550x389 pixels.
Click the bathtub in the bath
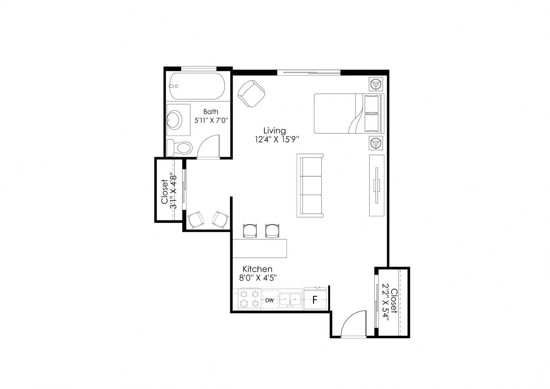pyautogui.click(x=197, y=86)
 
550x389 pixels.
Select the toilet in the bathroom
pyautogui.click(x=179, y=148)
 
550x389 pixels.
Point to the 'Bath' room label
pyautogui.click(x=211, y=112)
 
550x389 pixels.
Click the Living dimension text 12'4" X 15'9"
pyautogui.click(x=277, y=140)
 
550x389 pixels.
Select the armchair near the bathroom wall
pyautogui.click(x=251, y=93)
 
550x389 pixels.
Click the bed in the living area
pyautogui.click(x=347, y=114)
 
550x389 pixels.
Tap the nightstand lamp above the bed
pyautogui.click(x=376, y=84)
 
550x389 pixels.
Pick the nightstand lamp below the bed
pyautogui.click(x=376, y=143)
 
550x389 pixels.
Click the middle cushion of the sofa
pyautogui.click(x=311, y=185)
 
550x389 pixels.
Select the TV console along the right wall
pyautogui.click(x=377, y=185)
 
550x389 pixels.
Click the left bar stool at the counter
pyautogui.click(x=250, y=231)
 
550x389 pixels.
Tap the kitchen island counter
pyautogui.click(x=260, y=248)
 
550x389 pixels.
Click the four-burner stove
pyautogui.click(x=249, y=299)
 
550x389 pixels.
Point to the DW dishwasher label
pyautogui.click(x=269, y=300)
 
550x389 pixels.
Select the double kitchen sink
pyautogui.click(x=291, y=300)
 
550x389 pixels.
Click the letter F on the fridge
pyautogui.click(x=315, y=300)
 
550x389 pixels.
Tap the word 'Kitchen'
pyautogui.click(x=257, y=269)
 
